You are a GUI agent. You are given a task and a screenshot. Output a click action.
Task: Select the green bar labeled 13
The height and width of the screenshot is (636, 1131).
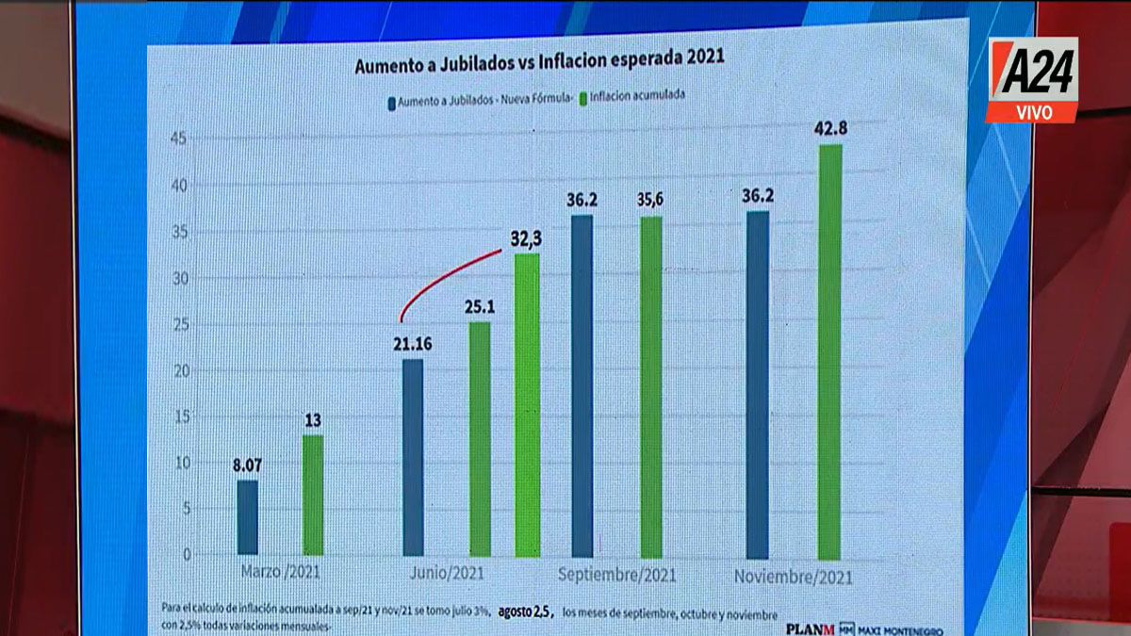(x=313, y=495)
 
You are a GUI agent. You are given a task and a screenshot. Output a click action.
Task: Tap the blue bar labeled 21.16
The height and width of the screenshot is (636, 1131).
(x=413, y=457)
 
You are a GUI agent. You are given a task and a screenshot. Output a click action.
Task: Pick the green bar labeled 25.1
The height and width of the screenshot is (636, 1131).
(x=480, y=438)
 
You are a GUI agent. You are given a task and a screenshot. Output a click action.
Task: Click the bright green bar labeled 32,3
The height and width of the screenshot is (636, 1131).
(x=528, y=405)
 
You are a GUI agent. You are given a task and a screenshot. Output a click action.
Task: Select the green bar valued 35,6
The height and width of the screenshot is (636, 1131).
(x=651, y=386)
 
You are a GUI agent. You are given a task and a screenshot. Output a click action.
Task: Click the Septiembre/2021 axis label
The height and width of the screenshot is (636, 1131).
(x=618, y=574)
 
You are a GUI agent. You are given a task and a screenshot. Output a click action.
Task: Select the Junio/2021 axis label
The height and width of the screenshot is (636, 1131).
(x=450, y=574)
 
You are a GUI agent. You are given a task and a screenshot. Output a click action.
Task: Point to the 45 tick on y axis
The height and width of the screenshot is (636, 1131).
(x=178, y=139)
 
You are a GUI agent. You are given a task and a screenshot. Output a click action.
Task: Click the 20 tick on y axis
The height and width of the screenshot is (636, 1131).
(x=179, y=370)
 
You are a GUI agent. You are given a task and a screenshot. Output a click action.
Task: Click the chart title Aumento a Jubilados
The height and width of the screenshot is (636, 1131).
(x=539, y=67)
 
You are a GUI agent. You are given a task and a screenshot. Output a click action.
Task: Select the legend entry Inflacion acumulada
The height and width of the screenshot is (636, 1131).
(x=636, y=97)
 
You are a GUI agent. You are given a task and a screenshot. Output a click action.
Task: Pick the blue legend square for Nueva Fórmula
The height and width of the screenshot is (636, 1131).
(x=390, y=98)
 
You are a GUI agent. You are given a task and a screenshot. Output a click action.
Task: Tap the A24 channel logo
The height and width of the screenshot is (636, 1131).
(x=1031, y=79)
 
